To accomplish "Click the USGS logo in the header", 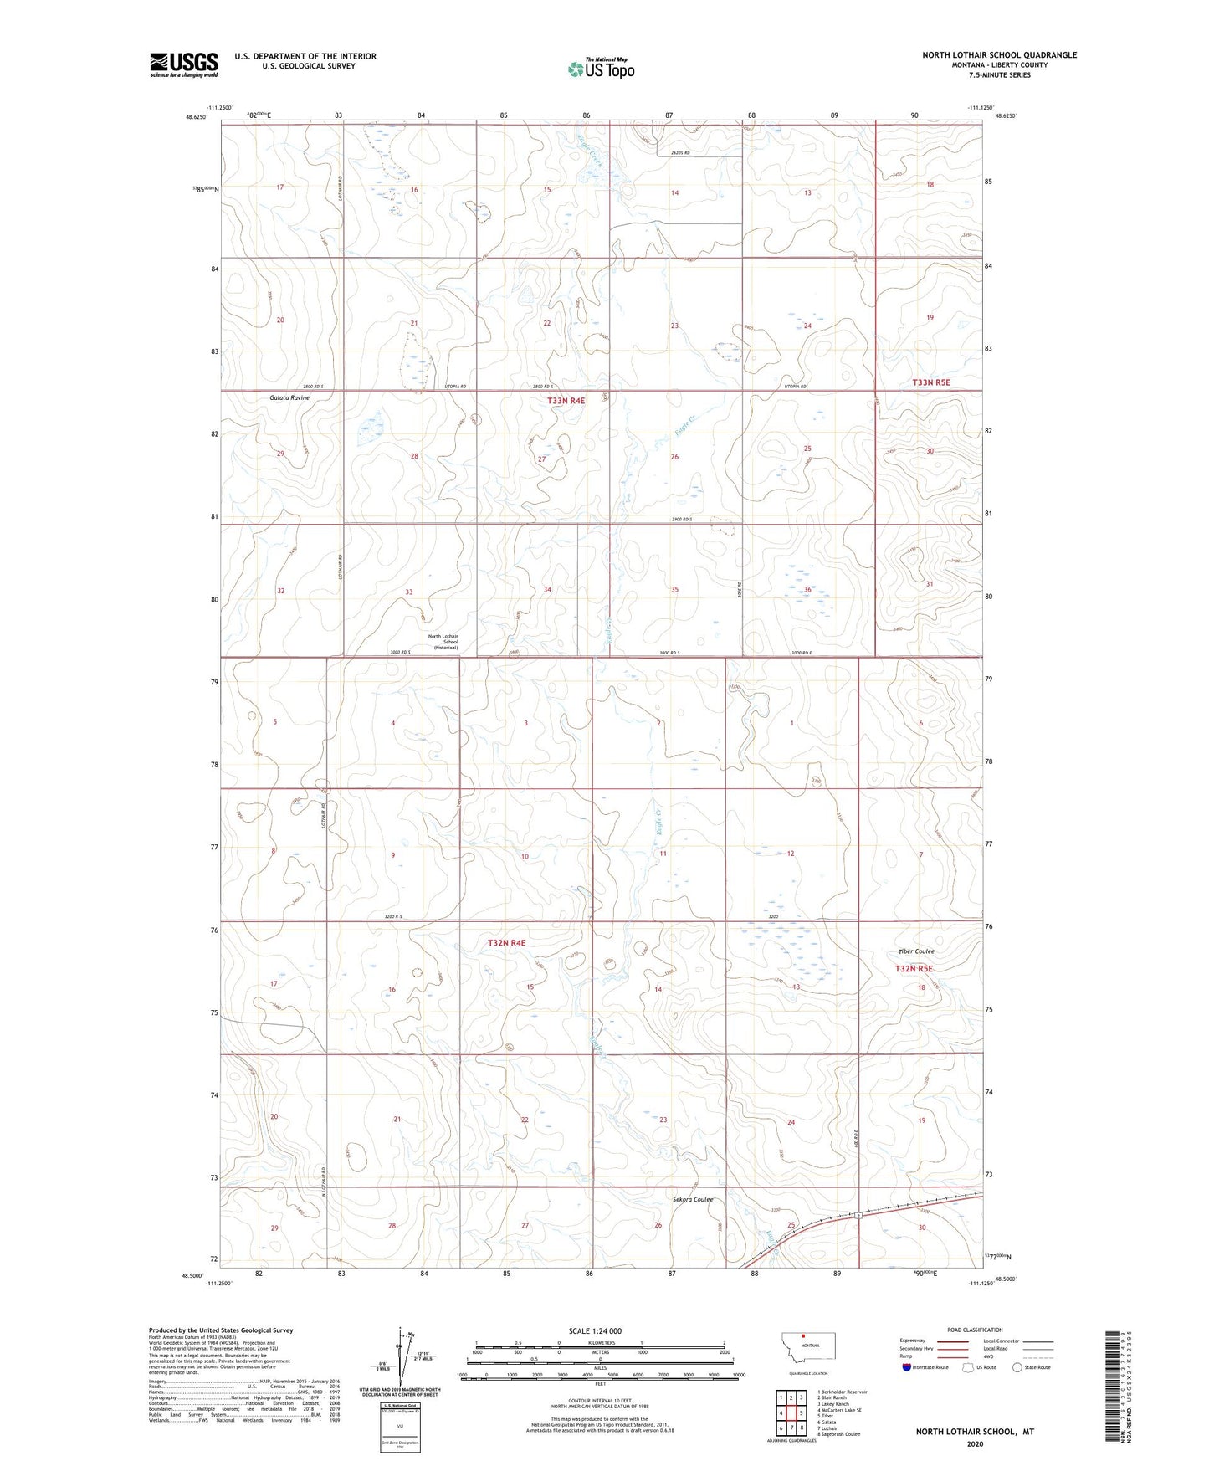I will pos(184,64).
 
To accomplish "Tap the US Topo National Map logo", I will pos(601,69).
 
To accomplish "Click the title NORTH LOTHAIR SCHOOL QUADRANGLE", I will pos(999,55).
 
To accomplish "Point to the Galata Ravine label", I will pos(289,397).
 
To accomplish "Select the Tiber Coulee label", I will pos(916,951).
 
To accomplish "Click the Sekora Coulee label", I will pos(693,1199).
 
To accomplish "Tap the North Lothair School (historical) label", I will pos(443,642).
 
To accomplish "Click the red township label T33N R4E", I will pos(566,401).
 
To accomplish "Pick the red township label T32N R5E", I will pos(914,968).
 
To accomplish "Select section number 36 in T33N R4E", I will pos(807,590).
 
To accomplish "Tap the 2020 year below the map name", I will pos(975,1443).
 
